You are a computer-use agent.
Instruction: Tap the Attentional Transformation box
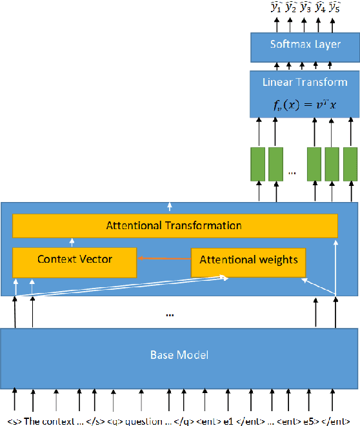tap(175, 226)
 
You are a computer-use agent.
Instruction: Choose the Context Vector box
tap(75, 259)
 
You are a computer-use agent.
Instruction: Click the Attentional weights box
tap(248, 260)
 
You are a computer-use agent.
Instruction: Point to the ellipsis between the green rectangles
tap(292, 173)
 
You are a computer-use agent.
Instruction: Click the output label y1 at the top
tap(276, 8)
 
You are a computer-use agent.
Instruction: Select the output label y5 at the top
tap(335, 8)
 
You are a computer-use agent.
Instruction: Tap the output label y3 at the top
tap(305, 8)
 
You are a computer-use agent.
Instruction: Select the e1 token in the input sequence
tap(228, 421)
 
